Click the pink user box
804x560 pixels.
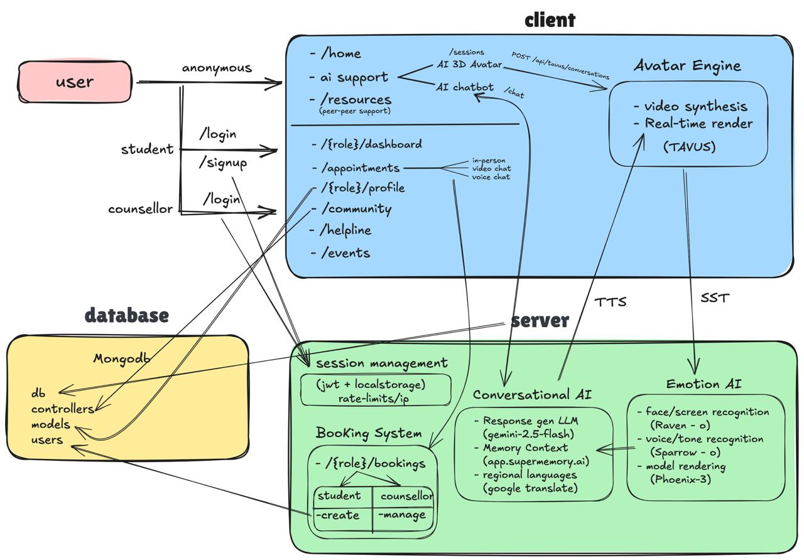(75, 82)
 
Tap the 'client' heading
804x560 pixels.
(550, 20)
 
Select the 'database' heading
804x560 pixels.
(127, 315)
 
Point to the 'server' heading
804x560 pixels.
(540, 320)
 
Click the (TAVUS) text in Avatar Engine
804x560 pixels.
(689, 147)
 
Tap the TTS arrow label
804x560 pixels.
(610, 302)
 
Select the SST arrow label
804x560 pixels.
(715, 298)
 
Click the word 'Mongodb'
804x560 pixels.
(122, 358)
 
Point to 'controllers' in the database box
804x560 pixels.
(62, 409)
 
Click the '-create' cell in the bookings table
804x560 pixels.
(338, 515)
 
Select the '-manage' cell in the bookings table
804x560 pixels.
(402, 515)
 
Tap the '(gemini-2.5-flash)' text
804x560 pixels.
(529, 434)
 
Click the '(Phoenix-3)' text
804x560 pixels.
(680, 479)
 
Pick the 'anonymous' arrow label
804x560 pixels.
(217, 68)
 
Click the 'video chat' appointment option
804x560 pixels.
(491, 168)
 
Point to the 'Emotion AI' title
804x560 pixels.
(703, 384)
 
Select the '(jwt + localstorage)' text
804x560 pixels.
(371, 385)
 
